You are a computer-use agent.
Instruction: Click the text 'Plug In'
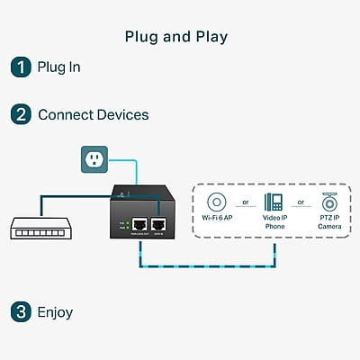tap(59, 67)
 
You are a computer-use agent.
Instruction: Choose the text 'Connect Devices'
tap(93, 115)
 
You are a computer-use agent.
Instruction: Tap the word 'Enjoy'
tap(55, 313)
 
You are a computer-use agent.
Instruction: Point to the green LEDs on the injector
tap(129, 224)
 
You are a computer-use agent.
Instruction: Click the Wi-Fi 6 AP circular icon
tap(217, 202)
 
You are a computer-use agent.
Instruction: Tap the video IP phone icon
tap(273, 202)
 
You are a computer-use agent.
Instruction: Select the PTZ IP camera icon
tap(328, 202)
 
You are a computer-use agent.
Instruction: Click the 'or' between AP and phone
tap(245, 202)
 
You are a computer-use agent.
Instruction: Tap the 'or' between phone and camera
tap(301, 202)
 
